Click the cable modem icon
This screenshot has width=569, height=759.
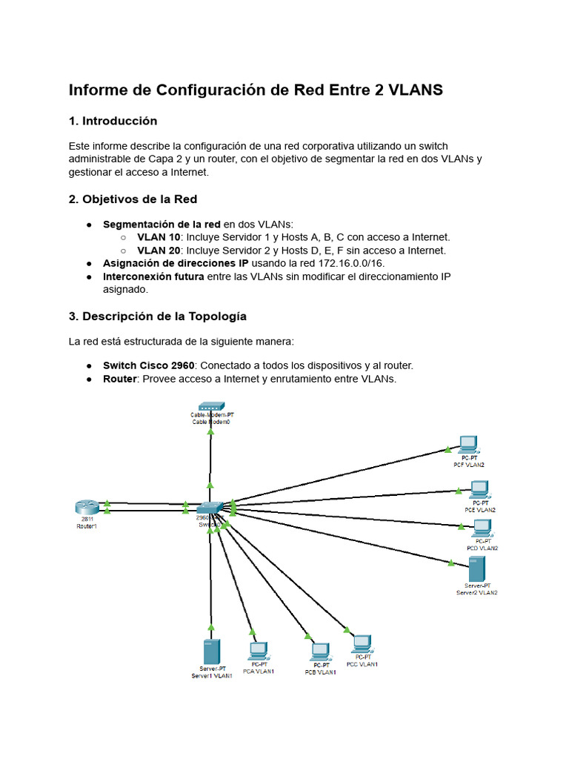coord(210,407)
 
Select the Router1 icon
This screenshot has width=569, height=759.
coord(86,508)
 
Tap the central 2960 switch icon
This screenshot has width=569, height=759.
coord(210,508)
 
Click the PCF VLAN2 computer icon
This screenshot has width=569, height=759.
coord(467,444)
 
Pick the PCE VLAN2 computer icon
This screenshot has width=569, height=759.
coord(479,489)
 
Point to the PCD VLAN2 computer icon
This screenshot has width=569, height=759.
coord(482,528)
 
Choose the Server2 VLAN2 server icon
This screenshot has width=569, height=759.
coord(476,569)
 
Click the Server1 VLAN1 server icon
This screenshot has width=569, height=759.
coord(211,652)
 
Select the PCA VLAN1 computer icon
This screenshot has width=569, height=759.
coord(258,651)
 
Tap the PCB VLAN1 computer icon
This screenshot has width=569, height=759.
coord(320,652)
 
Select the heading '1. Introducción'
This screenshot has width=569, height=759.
coord(113,121)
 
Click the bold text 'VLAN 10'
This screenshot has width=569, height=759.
coord(159,237)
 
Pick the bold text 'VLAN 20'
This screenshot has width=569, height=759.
coord(159,251)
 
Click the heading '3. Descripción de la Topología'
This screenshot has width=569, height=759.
coord(157,316)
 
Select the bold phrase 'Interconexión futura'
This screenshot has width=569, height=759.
coord(153,276)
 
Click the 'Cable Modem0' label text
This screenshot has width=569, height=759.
coord(210,422)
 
